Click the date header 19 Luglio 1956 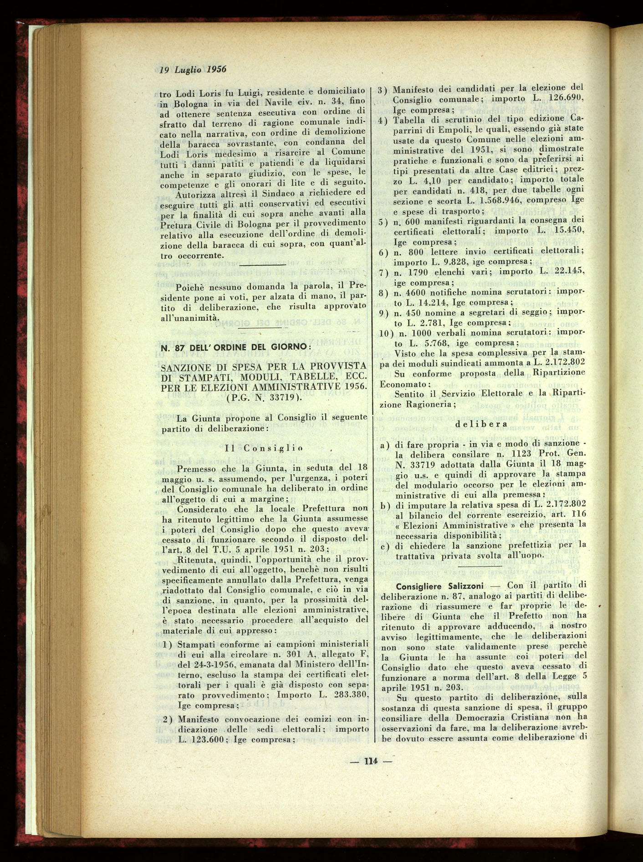pyautogui.click(x=193, y=69)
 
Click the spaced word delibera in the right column pyautogui.click(x=482, y=424)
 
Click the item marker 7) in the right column pyautogui.click(x=383, y=272)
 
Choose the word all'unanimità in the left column pyautogui.click(x=189, y=318)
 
